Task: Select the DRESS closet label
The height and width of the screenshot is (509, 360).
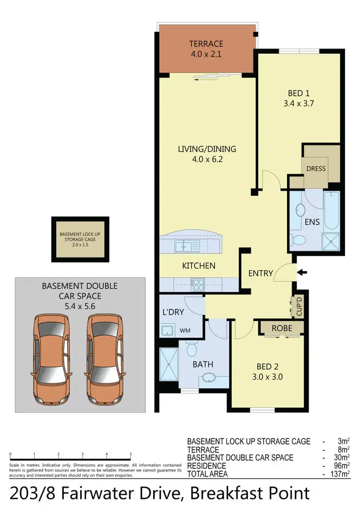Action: (316, 168)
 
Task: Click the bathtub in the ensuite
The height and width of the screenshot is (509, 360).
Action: (332, 211)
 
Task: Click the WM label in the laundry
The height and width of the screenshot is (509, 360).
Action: (185, 331)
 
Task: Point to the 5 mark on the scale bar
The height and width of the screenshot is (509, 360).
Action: (131, 454)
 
